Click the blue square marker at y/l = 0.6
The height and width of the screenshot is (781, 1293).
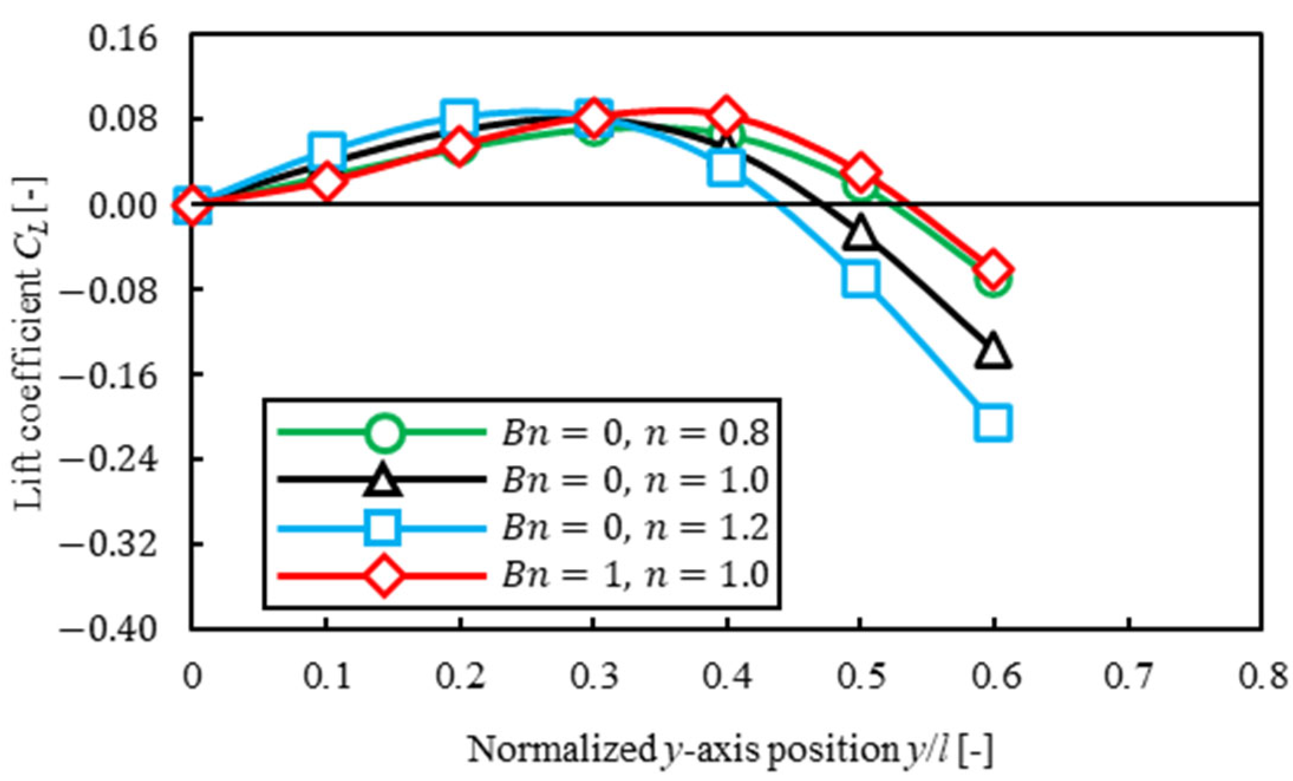coord(993,423)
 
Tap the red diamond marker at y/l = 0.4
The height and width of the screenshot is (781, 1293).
coord(726,116)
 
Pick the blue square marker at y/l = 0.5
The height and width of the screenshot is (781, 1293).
coord(860,277)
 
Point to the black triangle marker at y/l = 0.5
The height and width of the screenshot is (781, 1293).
coord(860,233)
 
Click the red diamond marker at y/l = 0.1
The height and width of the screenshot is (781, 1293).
coord(326,182)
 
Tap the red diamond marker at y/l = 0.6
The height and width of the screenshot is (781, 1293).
coord(993,269)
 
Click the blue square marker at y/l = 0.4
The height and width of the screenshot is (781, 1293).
coord(726,168)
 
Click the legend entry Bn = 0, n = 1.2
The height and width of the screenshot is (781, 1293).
coord(635,527)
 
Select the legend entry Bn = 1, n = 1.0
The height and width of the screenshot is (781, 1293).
coord(635,574)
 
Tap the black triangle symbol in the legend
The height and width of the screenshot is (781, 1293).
coord(383,479)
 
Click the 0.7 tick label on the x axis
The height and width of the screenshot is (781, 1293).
coord(1128,677)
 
